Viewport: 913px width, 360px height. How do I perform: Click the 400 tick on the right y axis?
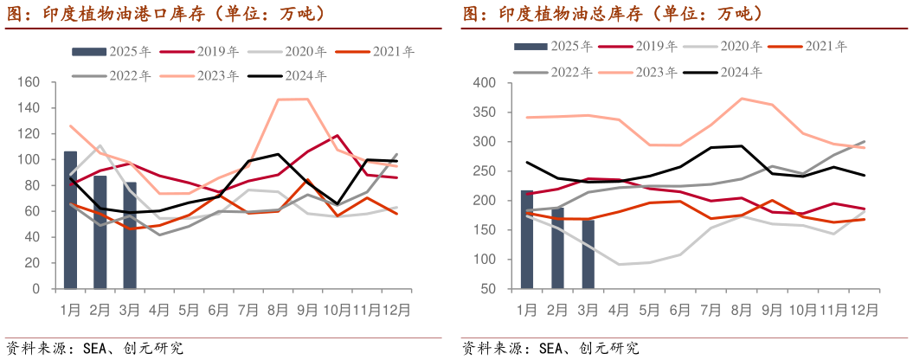point(482,82)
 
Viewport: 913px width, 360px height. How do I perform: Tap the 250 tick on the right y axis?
point(482,171)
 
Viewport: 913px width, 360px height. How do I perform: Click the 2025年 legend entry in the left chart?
point(113,52)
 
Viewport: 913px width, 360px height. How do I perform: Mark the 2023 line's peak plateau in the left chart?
point(293,99)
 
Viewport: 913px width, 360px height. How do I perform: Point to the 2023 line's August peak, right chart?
point(743,98)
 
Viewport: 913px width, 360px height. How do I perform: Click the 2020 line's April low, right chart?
point(620,264)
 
